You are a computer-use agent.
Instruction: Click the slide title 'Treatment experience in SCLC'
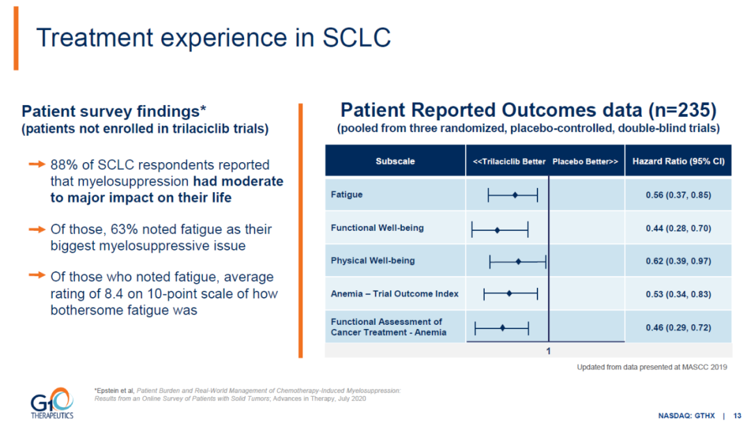213,38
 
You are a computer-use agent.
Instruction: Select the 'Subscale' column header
395,161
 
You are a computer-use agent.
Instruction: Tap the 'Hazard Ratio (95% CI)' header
678,161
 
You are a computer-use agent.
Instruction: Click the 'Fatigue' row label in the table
346,195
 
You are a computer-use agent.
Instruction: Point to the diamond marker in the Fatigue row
515,195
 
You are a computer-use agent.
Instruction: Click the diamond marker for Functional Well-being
497,230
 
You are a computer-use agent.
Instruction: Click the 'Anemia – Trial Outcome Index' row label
394,294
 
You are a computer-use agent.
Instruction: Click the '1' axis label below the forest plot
549,351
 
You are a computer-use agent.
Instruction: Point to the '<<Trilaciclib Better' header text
509,161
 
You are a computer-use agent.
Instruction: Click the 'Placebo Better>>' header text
586,161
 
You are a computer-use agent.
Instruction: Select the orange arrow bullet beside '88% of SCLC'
37,164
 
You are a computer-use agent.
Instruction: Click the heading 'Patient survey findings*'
114,111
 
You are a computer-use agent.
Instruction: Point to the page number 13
737,416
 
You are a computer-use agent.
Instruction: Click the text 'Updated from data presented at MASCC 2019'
652,367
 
